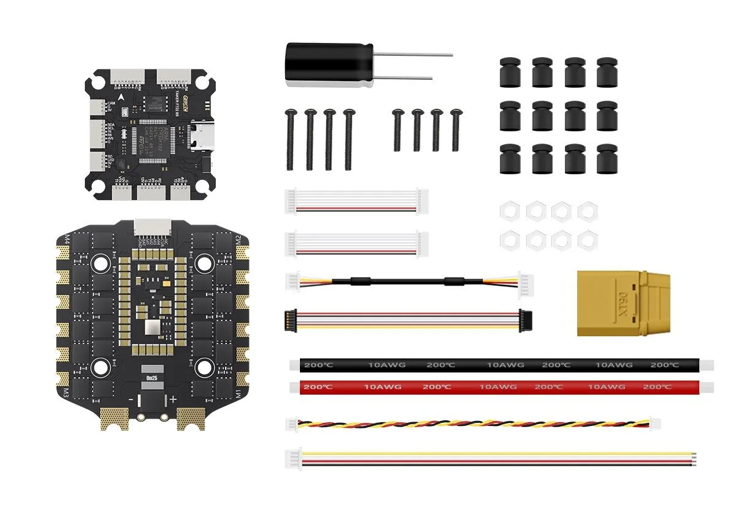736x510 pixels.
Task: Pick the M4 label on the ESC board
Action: tap(67, 239)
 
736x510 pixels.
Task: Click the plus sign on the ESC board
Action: tap(173, 399)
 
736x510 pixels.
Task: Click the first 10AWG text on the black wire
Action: tap(386, 365)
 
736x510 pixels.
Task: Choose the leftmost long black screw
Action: tap(289, 139)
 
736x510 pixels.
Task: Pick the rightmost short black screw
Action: tap(456, 129)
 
